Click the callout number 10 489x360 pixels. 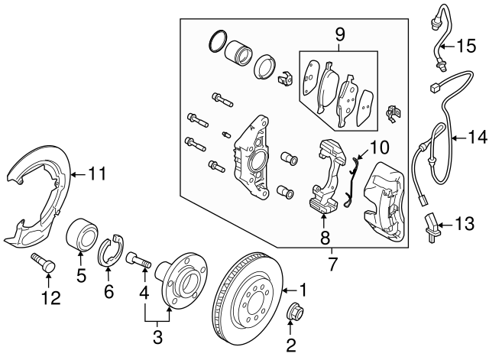pos(379,146)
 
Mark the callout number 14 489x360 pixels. pos(477,138)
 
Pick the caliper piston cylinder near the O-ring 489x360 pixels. pos(236,54)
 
